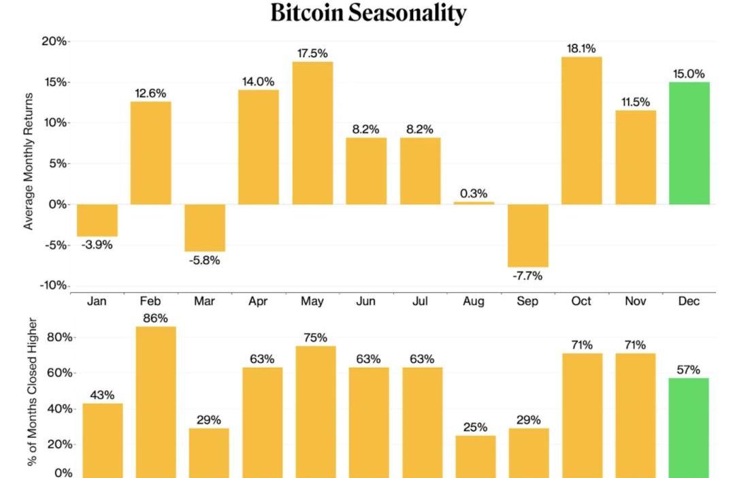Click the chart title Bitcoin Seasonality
tap(368, 13)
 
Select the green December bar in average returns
tap(689, 143)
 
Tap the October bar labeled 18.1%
tap(581, 130)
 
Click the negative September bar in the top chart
tap(527, 236)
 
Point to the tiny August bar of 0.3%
tap(474, 203)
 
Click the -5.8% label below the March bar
tap(204, 260)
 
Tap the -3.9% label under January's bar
tap(97, 244)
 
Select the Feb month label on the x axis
tap(150, 301)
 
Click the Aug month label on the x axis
tap(474, 301)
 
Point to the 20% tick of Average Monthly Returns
tap(54, 42)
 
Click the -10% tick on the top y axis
tap(53, 285)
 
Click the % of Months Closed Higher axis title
tap(33, 392)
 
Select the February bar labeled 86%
tap(156, 402)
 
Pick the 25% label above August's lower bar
tap(475, 427)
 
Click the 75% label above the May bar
tap(316, 338)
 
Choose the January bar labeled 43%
tap(103, 441)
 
